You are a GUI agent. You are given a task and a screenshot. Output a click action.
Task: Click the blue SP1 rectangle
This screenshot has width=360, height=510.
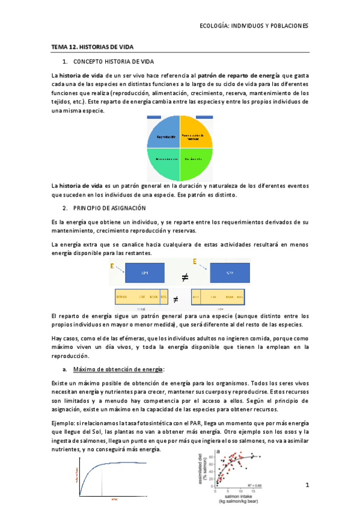144,273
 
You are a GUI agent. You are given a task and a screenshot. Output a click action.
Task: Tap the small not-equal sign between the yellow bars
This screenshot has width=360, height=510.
176,298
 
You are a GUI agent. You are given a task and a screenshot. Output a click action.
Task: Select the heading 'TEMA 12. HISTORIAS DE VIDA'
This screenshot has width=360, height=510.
92,46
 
